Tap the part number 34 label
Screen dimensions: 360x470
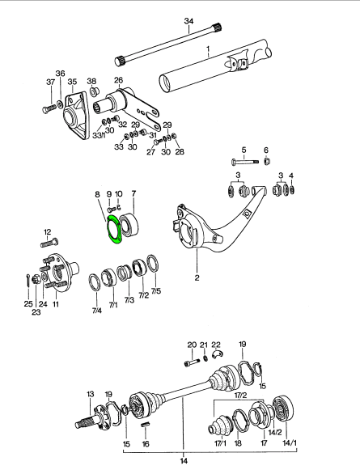(188, 21)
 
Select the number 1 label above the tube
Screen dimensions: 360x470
(209, 49)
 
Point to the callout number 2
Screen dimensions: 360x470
(197, 277)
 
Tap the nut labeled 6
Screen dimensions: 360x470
(267, 162)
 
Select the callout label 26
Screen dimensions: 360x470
(118, 80)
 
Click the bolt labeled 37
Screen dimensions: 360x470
(49, 108)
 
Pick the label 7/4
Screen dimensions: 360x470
(96, 311)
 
